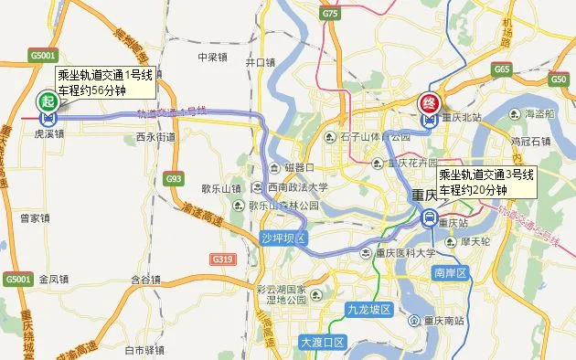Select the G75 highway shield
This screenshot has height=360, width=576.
click(330, 14)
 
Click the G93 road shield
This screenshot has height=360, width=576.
click(174, 178)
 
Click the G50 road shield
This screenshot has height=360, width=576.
click(559, 79)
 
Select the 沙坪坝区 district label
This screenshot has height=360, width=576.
click(282, 238)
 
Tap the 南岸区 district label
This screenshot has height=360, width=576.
click(450, 272)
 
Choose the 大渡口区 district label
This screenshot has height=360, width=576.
click(322, 342)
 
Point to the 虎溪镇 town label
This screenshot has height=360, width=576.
click(48, 132)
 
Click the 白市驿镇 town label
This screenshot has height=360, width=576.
click(144, 349)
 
